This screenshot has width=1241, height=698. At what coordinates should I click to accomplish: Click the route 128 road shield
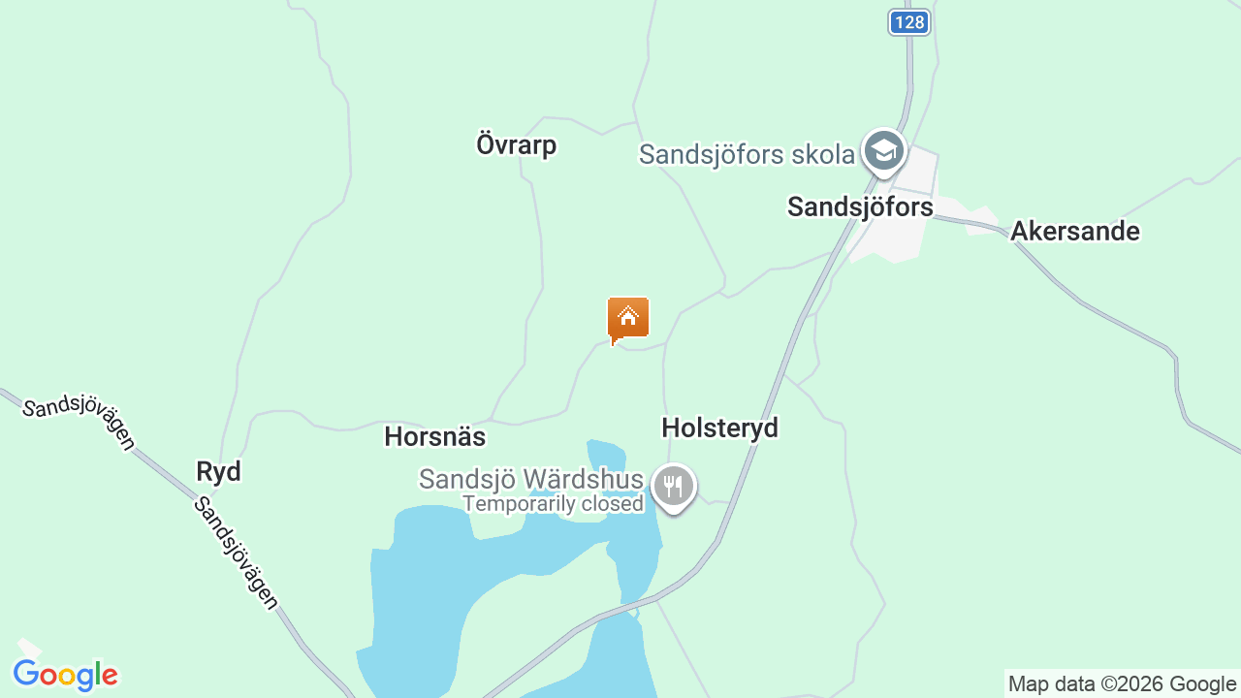pos(908,22)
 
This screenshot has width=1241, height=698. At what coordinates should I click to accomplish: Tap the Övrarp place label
pos(516,145)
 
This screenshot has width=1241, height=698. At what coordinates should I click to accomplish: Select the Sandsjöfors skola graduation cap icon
pos(883,151)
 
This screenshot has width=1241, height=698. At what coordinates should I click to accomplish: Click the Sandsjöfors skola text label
pos(747,154)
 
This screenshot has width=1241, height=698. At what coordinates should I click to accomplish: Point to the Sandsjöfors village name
pos(860,206)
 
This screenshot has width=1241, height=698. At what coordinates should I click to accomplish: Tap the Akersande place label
pos(1074,232)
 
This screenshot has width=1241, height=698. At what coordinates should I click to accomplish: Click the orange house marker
pos(628,319)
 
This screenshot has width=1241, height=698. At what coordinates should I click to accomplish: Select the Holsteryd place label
pos(719,428)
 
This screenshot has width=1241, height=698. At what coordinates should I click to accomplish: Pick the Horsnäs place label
pos(434,436)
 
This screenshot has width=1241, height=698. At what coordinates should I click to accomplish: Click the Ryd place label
pos(218,472)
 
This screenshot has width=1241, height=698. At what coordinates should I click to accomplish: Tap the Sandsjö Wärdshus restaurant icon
pos(673,486)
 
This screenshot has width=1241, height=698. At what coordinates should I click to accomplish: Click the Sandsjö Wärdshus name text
pos(530,480)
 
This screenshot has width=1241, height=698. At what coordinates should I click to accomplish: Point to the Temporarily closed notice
pos(553,504)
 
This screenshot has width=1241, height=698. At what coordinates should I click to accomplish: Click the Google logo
pos(65,675)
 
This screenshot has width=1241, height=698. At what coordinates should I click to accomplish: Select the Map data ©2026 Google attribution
pos(1122,683)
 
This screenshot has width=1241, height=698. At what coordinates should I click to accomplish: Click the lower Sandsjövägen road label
pos(236,553)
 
